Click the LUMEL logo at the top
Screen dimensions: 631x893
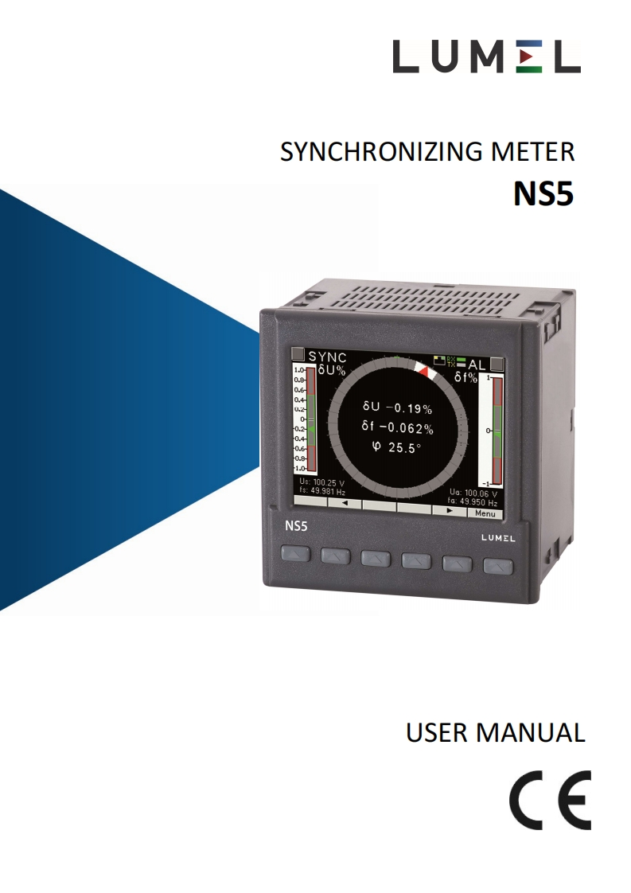point(485,57)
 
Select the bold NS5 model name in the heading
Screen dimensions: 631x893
point(543,193)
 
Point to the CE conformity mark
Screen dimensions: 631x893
point(551,800)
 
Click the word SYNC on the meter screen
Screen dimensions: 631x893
point(327,357)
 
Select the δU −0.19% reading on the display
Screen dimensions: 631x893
point(396,409)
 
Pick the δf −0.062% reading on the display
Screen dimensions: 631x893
point(396,428)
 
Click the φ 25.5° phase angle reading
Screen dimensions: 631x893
point(396,448)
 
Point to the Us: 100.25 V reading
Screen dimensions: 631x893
point(321,482)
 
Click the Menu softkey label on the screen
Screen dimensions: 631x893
point(485,513)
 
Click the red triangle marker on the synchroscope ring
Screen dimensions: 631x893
point(423,371)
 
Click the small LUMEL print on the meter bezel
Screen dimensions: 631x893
point(498,537)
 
